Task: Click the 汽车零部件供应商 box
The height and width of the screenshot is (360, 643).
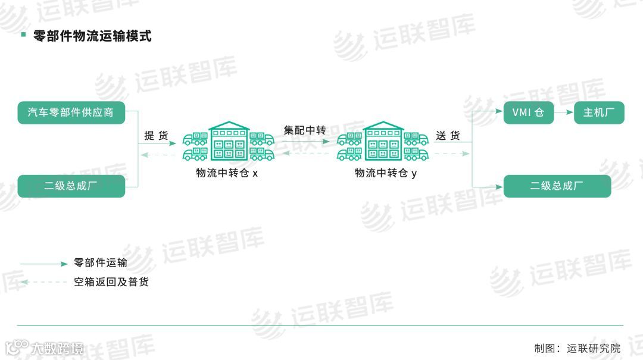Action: point(71,112)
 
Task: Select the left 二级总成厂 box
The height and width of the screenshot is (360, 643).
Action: point(71,186)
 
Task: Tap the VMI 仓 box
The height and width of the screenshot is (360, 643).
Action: point(528,112)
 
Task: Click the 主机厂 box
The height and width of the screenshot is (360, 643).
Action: point(598,112)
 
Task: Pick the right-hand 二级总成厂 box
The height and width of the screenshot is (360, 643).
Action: point(557,186)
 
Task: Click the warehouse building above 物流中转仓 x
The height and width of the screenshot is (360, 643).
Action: point(229,141)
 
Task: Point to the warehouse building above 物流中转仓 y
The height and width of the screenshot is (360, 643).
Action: point(382,141)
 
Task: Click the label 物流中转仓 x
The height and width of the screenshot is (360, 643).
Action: point(227,173)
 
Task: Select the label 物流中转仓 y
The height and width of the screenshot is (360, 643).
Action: point(386,173)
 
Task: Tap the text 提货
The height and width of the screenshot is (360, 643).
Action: point(156,136)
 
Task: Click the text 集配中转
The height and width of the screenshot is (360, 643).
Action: point(304,130)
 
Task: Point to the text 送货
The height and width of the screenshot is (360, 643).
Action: point(448,136)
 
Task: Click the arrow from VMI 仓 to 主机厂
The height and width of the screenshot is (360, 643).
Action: point(563,112)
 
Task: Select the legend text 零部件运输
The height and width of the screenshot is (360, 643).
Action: point(100,262)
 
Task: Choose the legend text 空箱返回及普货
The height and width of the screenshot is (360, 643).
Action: point(111,281)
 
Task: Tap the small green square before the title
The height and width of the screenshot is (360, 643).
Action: point(23,35)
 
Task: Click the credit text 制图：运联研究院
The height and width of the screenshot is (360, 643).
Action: point(577,348)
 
